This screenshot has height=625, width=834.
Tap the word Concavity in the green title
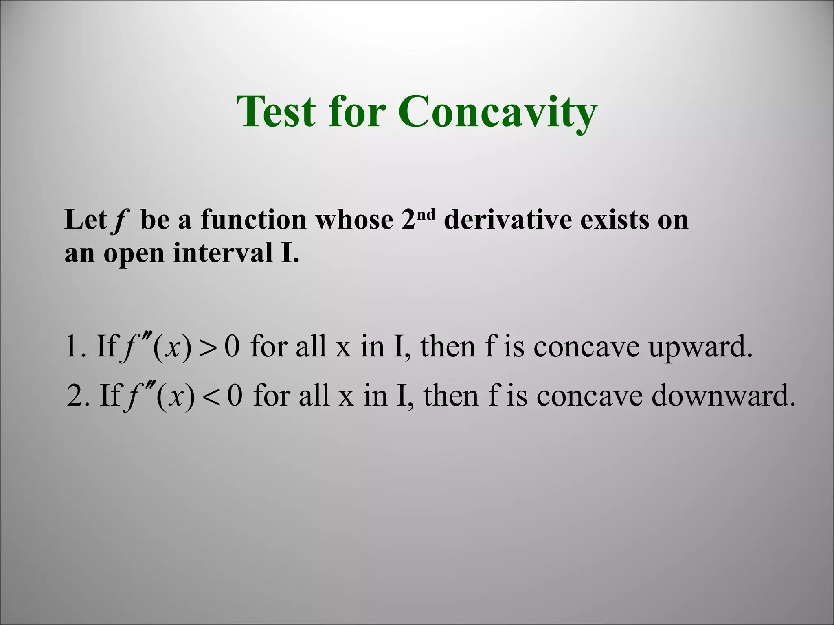(x=497, y=112)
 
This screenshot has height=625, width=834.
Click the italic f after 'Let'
(x=119, y=221)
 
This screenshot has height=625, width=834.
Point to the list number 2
(x=75, y=396)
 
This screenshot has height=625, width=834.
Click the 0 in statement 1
(x=232, y=347)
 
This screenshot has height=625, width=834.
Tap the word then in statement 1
(x=448, y=347)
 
